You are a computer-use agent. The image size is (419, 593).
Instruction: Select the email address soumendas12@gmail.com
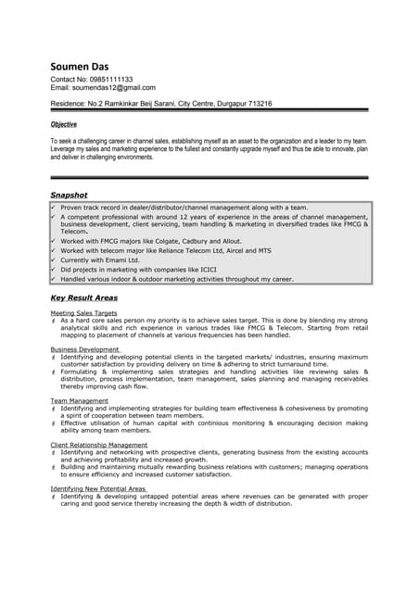[x=113, y=88]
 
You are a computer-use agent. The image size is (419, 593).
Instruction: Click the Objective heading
[x=63, y=124]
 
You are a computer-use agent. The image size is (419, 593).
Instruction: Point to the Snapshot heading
[x=69, y=196]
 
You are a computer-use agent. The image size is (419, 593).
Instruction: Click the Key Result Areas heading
[x=83, y=298]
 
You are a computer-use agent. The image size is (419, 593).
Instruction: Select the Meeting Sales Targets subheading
[x=83, y=313]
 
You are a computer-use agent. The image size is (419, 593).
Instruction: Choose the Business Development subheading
[x=84, y=349]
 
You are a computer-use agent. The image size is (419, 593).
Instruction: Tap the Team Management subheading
[x=79, y=400]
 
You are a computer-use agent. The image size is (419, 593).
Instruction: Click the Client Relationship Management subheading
[x=99, y=445]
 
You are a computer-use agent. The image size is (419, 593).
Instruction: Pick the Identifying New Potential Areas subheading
[x=98, y=488]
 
